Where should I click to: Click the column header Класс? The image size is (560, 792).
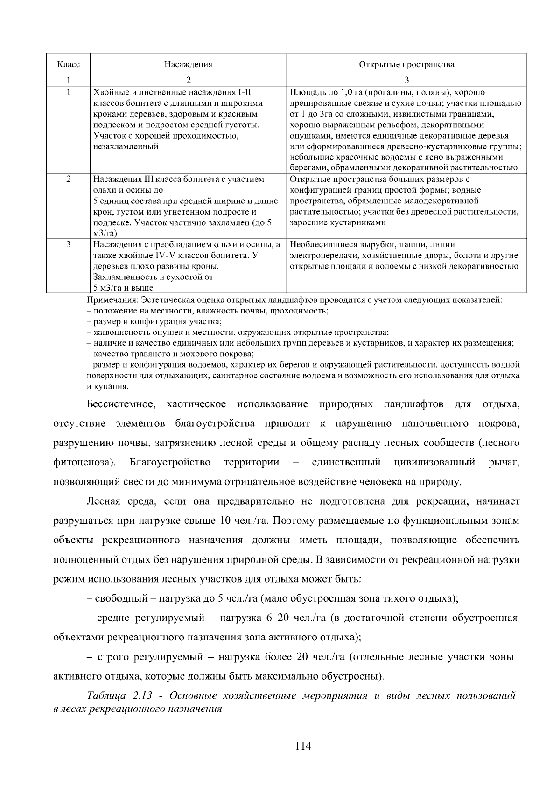(68, 64)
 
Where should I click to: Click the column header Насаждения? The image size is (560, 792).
(188, 64)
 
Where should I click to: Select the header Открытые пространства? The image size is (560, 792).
(406, 64)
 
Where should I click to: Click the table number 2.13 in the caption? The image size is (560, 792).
(142, 696)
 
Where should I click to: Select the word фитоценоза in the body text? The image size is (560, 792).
(82, 462)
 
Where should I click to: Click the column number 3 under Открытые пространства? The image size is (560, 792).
(406, 80)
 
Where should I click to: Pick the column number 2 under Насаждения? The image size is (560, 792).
(188, 80)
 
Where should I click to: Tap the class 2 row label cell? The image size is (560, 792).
(68, 179)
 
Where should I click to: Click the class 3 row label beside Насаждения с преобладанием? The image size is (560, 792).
(68, 244)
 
